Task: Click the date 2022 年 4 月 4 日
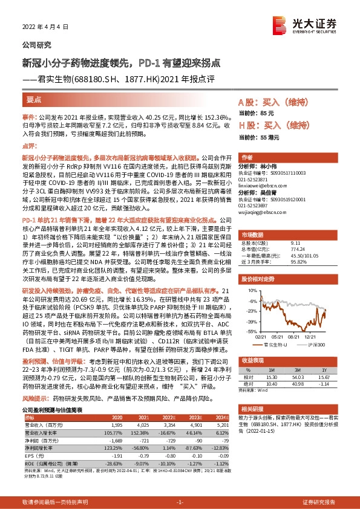(x=43, y=27)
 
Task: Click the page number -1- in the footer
(x=179, y=502)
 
